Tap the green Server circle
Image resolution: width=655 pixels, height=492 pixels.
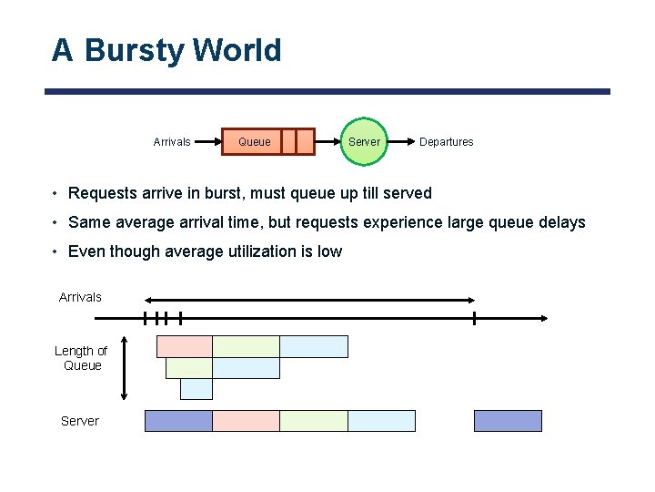point(364,141)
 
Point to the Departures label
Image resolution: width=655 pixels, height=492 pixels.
point(446,142)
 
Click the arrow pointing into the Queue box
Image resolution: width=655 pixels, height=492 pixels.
point(208,141)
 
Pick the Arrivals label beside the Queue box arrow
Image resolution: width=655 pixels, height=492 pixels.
point(172,142)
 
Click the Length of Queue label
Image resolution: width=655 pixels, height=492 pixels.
point(80,358)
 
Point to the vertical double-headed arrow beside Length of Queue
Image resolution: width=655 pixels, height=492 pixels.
point(125,367)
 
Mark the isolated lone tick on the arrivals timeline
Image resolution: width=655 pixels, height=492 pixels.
point(474,318)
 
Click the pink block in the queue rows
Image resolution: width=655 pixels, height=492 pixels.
point(185,346)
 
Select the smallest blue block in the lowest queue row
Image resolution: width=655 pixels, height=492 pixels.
point(196,389)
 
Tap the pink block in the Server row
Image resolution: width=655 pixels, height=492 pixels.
point(246,421)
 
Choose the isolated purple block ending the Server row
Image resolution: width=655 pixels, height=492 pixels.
point(508,421)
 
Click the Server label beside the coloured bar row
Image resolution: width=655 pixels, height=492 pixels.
point(80,421)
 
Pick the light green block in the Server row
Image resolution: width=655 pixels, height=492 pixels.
point(314,421)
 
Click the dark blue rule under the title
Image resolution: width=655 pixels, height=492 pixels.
point(327,91)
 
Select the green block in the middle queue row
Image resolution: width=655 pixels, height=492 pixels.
point(189,368)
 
